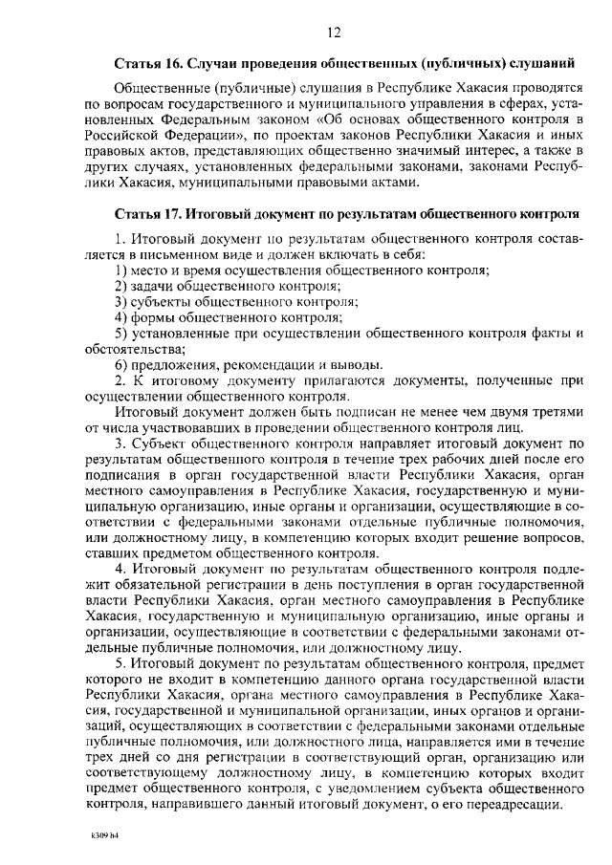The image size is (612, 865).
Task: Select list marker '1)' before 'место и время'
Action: (x=121, y=270)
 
